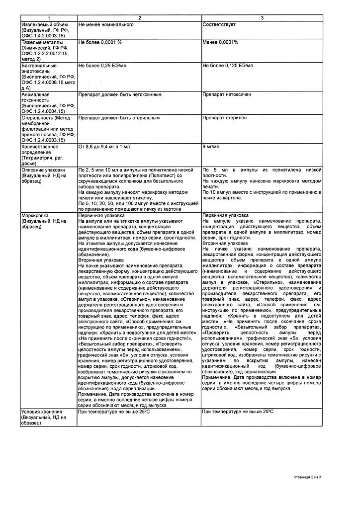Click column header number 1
(49, 18)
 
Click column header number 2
(139, 18)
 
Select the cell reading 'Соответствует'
(219, 24)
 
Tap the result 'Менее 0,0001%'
(220, 42)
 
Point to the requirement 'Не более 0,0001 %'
(100, 42)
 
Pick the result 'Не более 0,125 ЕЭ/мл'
(228, 66)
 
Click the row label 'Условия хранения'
(42, 412)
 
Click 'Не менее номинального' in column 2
(106, 24)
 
